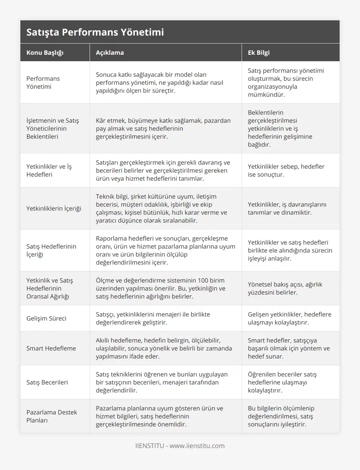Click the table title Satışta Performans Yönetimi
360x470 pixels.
tap(95, 32)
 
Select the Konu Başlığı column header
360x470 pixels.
tap(45, 52)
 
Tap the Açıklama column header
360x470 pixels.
tap(110, 52)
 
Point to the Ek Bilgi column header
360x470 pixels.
tap(258, 52)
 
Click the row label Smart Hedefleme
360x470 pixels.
tap(51, 348)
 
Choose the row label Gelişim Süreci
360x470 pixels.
tap(46, 318)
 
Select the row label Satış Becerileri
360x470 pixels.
tap(47, 382)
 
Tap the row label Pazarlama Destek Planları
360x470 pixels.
tap(52, 416)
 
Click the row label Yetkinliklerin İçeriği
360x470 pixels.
tap(54, 208)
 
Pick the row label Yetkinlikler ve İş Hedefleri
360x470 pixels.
tap(49, 170)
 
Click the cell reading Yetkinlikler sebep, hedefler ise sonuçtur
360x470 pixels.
tap(286, 170)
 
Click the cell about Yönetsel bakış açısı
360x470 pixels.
tap(285, 288)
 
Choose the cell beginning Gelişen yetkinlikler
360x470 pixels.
tap(289, 318)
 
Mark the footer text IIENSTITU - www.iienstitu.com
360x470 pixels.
tap(180, 446)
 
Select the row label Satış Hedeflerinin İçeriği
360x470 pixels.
tap(51, 250)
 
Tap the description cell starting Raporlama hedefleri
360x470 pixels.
tap(165, 250)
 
